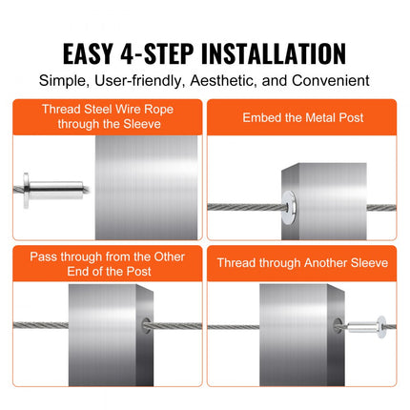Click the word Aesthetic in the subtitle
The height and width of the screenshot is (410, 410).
click(233, 82)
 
